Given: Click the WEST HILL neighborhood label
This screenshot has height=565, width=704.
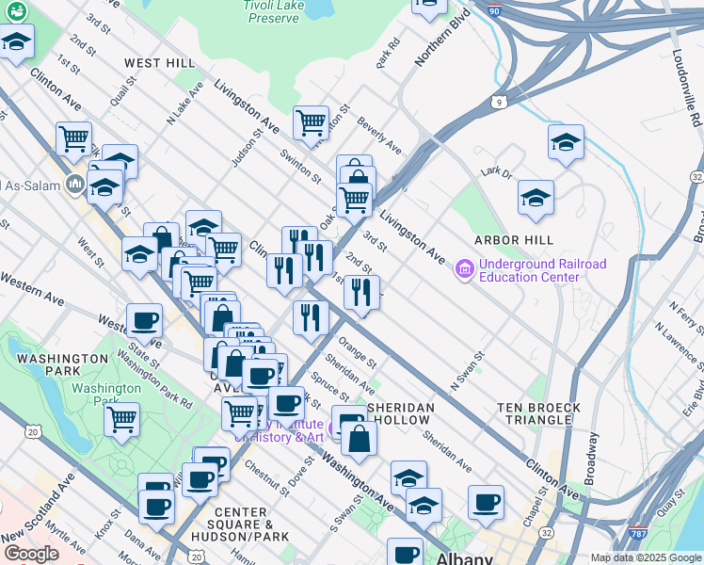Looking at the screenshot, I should point(160,63).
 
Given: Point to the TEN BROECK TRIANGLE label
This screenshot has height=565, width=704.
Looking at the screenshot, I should point(535,413).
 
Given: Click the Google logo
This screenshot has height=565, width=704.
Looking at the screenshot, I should point(31,554).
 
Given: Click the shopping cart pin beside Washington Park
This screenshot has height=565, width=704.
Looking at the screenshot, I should point(122,418).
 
